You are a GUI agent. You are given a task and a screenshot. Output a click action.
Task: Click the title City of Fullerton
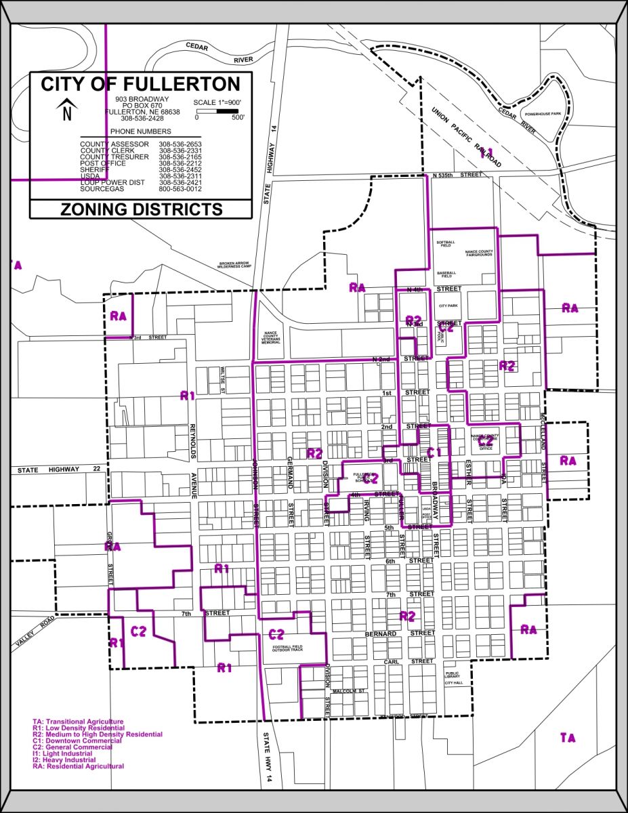pyautogui.click(x=140, y=85)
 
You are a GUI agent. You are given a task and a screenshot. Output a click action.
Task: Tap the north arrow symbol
pyautogui.click(x=66, y=110)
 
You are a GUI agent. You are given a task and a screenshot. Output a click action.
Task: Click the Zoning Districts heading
pyautogui.click(x=141, y=209)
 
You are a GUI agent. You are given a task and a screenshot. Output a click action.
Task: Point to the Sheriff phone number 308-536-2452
pyautogui.click(x=180, y=170)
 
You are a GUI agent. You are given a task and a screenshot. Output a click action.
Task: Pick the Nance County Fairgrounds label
pyautogui.click(x=479, y=254)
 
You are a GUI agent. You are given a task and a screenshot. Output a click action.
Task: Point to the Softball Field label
pyautogui.click(x=447, y=243)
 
